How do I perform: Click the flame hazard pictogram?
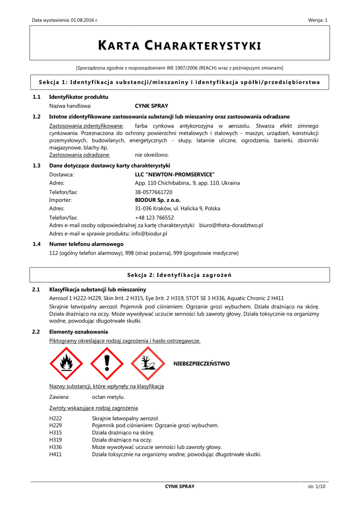[67, 364]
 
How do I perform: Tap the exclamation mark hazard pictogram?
[107, 364]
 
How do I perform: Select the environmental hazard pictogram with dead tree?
[147, 364]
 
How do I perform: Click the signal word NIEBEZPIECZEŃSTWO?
[202, 364]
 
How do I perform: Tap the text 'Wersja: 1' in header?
[318, 20]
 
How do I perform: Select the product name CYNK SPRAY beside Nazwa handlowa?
[151, 106]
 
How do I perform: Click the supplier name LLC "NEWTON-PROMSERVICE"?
[174, 175]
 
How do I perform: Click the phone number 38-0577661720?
[153, 191]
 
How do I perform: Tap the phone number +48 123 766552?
[154, 217]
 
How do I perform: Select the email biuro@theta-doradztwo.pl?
[231, 225]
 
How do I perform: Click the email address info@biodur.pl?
[149, 233]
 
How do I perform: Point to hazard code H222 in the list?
[55, 419]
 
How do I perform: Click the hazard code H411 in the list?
[55, 454]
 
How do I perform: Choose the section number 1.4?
[36, 244]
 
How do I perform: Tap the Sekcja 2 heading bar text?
[180, 275]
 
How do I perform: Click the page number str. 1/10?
[316, 487]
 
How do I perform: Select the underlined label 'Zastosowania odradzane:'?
[79, 155]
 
